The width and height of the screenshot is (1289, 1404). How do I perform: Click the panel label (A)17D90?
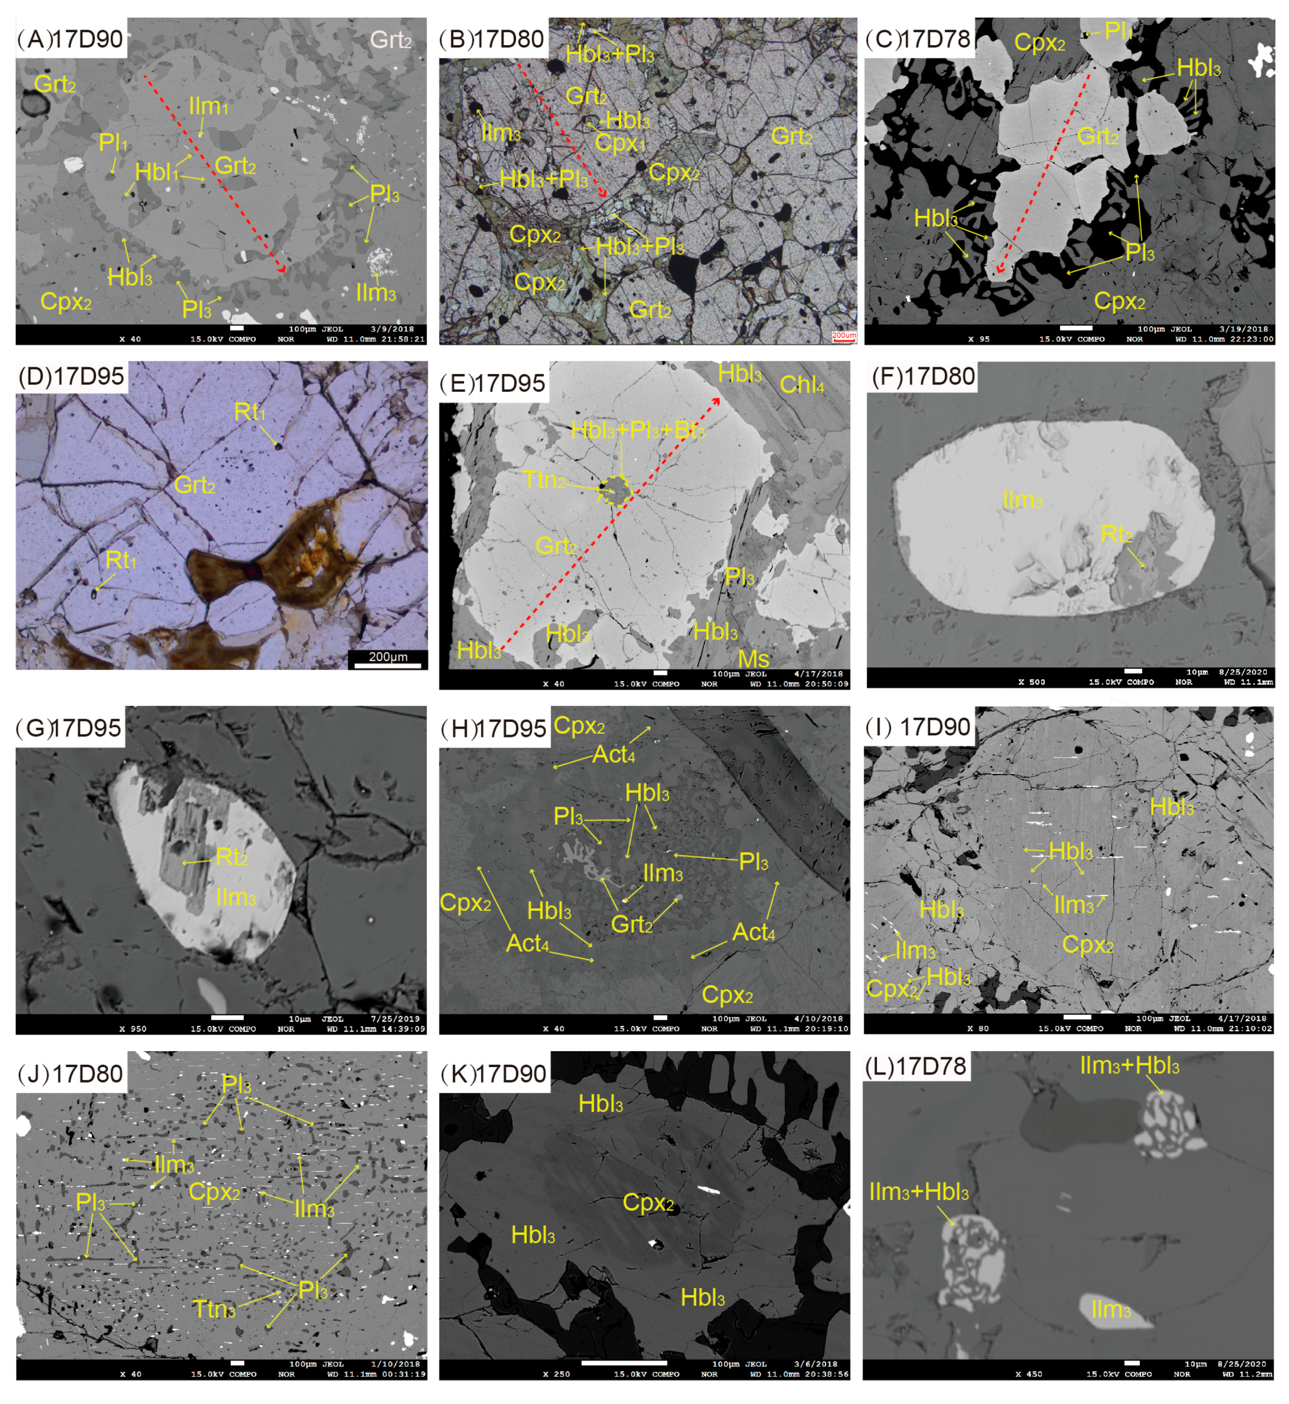point(70,39)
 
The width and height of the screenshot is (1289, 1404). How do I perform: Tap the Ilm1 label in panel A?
point(208,107)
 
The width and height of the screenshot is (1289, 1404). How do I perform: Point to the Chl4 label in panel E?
point(801,384)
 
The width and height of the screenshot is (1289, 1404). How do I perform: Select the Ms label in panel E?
point(754,659)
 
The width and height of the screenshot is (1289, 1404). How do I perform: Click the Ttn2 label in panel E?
point(544,480)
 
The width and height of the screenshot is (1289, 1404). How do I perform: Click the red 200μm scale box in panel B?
point(843,336)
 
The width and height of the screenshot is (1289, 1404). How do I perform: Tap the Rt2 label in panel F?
point(1116,534)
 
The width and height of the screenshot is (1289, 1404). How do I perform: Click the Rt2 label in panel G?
point(232,857)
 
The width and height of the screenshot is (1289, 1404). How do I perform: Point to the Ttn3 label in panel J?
point(214,1310)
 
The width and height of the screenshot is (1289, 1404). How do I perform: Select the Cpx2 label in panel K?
point(648,1203)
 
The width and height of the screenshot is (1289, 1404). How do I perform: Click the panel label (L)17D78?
point(915,1067)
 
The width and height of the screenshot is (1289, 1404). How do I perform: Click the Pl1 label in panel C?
point(1118,31)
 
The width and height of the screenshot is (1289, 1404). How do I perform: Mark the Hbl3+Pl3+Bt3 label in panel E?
point(638,431)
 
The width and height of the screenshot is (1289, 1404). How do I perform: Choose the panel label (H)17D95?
point(493,729)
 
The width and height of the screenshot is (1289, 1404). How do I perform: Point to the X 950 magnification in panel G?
point(130,1029)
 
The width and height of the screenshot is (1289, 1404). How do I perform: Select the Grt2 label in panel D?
point(195,485)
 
